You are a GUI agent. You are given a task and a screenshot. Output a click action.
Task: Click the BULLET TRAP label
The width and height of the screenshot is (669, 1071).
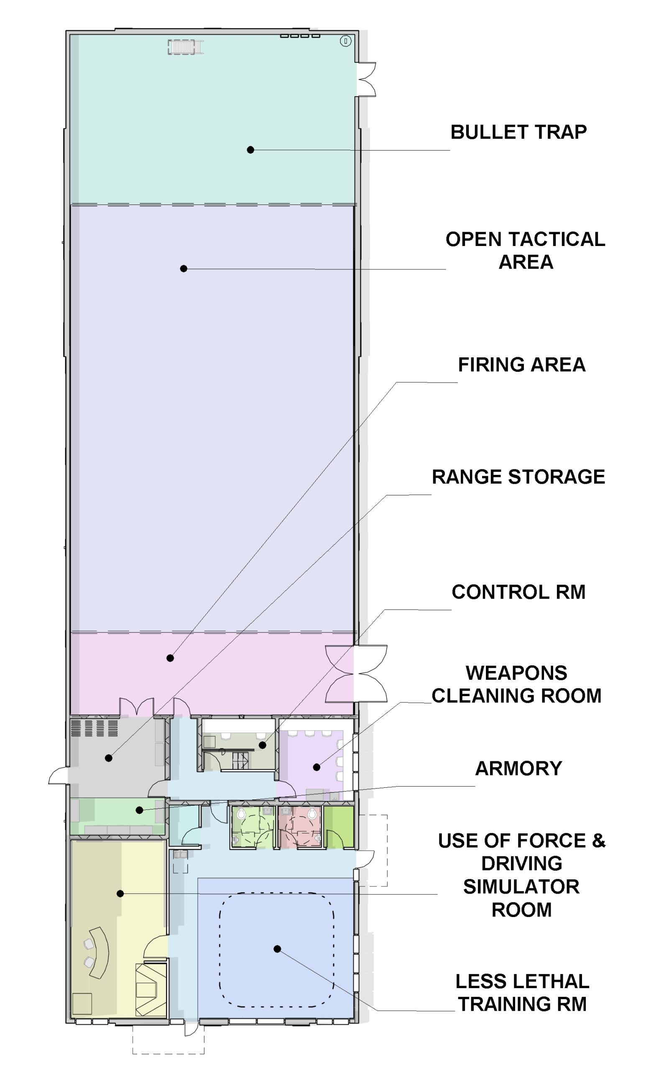pos(518,132)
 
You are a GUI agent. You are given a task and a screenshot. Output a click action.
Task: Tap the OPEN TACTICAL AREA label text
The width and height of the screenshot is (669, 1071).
pos(525,251)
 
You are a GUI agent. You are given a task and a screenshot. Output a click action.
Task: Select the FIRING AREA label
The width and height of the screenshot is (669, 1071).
pos(522,365)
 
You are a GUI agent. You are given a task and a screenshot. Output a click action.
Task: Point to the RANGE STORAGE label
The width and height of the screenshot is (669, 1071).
pos(518,477)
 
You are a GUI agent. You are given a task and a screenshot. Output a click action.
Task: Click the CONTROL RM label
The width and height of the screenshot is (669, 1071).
pos(518,592)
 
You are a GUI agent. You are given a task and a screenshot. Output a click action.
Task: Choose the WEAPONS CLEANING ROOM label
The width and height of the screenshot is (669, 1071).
pos(516,684)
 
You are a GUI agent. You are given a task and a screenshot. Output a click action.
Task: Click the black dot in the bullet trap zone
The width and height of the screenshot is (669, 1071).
pos(250,150)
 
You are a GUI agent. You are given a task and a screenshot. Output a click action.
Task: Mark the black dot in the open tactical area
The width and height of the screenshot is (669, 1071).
pos(184,269)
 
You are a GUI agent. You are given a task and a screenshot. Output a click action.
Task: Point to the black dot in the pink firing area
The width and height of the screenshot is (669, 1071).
pos(170,658)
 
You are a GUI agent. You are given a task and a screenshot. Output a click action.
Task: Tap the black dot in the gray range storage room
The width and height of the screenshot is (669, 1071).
pos(108,758)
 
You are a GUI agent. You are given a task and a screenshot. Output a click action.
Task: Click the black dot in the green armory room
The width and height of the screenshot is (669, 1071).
pos(139,810)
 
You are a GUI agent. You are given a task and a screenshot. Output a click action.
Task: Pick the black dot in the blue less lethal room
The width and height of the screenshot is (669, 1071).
pos(277,949)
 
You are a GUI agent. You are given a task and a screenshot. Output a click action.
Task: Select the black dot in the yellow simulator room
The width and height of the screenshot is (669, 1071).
pos(120,894)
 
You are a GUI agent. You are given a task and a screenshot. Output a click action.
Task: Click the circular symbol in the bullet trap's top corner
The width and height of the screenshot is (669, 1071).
pos(345,41)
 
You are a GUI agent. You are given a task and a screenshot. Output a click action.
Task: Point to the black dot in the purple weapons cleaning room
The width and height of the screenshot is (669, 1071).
pos(317,767)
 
